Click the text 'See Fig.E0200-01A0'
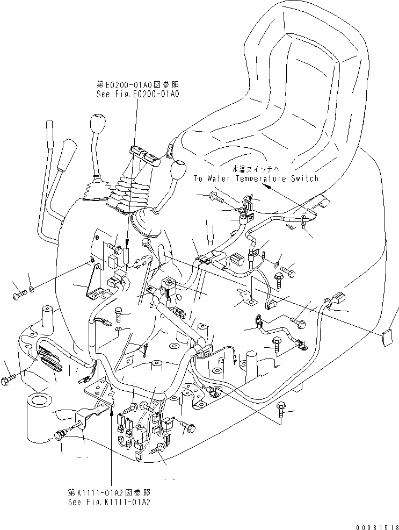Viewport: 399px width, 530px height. click(x=137, y=94)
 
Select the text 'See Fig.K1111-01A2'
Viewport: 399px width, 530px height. click(x=109, y=501)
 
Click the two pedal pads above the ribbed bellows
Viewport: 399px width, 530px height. click(x=144, y=156)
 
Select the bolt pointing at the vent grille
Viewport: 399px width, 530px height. click(x=9, y=380)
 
